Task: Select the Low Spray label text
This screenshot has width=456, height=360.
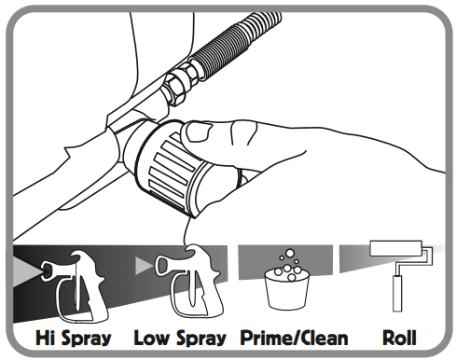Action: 182,337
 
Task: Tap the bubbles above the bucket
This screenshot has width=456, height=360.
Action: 290,262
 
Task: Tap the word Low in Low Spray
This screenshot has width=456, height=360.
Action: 153,337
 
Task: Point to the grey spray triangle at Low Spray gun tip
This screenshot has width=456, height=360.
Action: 145,269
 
